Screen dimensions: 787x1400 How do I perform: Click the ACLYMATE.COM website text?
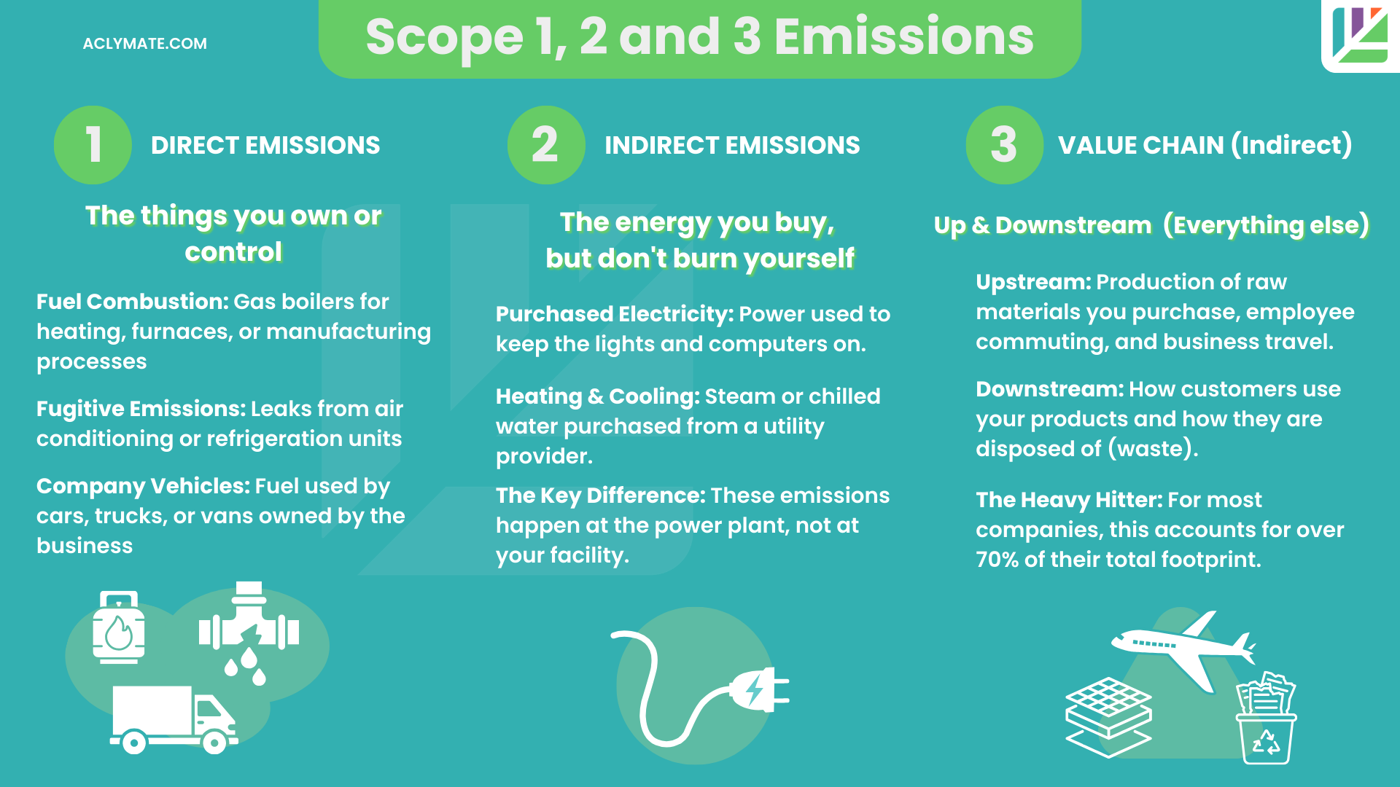144,44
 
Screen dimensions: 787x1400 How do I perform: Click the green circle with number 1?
93,144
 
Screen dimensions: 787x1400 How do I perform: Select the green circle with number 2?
545,144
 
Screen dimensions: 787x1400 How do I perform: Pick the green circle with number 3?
1004,144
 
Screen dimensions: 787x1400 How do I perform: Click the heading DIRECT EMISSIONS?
265,145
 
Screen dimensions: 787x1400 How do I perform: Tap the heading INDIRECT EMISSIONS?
732,145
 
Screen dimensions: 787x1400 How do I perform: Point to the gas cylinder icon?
118,627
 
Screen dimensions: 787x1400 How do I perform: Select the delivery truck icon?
174,719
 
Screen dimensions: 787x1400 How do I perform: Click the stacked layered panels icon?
1108,718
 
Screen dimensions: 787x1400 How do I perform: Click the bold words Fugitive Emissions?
141,409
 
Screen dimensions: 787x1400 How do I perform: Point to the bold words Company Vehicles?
143,486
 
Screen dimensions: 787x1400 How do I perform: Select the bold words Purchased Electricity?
614,314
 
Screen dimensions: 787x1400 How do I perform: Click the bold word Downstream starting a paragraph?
1049,389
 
